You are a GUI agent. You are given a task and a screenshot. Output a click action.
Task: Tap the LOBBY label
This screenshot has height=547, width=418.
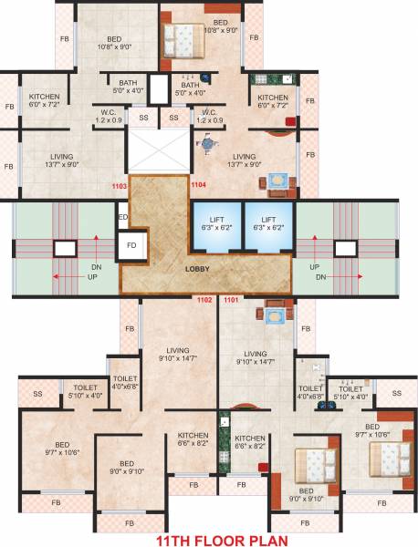coord(198,270)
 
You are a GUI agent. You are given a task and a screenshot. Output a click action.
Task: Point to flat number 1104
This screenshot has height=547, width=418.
coord(200,184)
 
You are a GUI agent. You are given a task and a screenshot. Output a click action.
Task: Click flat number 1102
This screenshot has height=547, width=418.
coord(204,299)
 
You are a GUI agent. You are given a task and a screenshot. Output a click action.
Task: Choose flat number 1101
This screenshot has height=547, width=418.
coord(230,299)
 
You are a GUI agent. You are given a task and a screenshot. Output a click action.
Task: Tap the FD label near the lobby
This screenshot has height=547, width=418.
coord(131,247)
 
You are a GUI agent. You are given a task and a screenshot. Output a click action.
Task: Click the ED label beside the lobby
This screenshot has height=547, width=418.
coord(122,217)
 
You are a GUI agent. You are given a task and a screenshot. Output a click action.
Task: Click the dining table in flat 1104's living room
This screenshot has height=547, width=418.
coord(276,181)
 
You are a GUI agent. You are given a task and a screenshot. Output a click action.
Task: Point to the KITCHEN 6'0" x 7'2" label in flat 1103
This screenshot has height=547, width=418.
coord(44,101)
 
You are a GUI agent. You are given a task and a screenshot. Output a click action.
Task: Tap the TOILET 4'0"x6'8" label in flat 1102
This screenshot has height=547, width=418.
coord(124,382)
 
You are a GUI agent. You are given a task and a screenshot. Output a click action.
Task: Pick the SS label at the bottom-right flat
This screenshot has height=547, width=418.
coord(395,393)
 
